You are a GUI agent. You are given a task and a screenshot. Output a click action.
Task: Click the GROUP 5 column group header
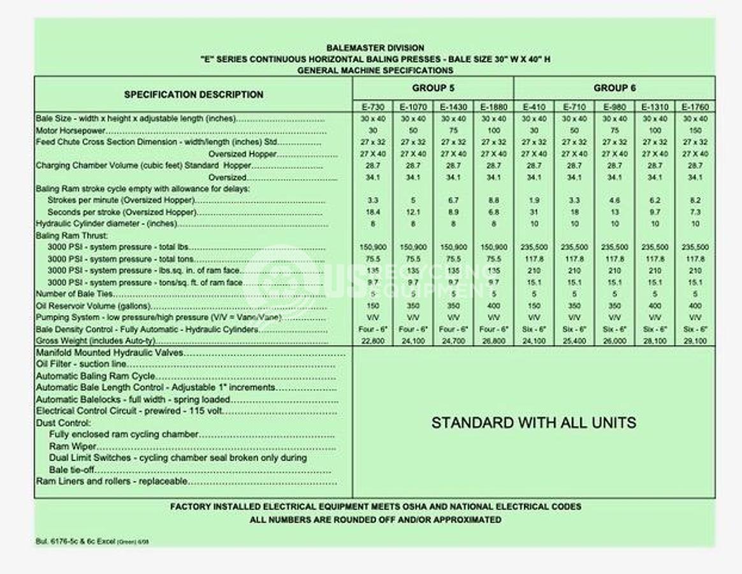(x=433, y=88)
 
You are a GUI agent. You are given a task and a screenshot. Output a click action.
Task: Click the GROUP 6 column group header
(x=615, y=88)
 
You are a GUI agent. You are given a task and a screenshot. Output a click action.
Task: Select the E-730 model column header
(x=373, y=107)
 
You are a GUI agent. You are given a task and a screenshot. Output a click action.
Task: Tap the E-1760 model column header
(x=695, y=107)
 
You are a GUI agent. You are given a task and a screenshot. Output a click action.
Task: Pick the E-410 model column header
(x=534, y=107)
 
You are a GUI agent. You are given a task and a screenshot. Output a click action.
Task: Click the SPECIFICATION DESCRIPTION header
(x=193, y=94)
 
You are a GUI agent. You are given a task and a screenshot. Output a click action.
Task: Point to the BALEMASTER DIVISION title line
(x=375, y=48)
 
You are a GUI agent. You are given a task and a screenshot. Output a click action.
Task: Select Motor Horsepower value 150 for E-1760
(x=695, y=130)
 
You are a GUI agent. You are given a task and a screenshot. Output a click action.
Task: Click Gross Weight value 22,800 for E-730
(x=373, y=341)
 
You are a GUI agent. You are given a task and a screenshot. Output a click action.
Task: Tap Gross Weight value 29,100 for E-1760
(x=695, y=341)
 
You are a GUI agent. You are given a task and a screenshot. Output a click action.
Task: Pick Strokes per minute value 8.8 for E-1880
(x=493, y=200)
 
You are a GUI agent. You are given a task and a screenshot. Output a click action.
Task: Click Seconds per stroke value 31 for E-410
(x=534, y=212)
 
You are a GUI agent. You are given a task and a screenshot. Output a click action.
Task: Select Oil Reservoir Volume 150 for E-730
(x=373, y=306)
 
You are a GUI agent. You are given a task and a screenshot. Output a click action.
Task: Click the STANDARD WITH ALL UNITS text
(x=534, y=422)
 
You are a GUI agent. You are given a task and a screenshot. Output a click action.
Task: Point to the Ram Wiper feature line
(x=73, y=446)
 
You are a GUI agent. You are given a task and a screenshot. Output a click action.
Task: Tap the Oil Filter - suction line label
(x=81, y=364)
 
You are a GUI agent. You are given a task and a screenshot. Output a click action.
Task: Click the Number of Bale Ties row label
(x=75, y=294)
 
